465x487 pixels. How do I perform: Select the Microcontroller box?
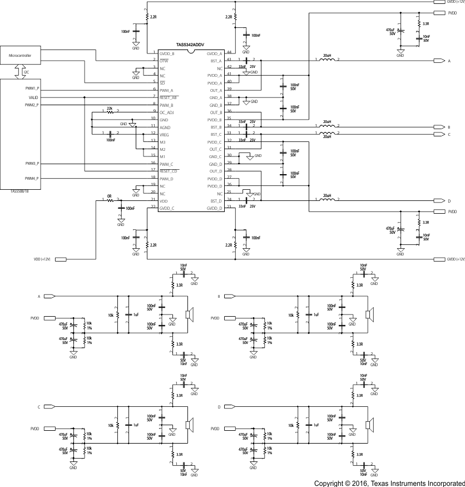[22, 56]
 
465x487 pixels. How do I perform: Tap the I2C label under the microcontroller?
[26, 72]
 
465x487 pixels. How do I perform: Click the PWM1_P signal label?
[31, 89]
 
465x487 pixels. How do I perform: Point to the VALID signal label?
[33, 97]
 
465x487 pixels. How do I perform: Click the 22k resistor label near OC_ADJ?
[110, 108]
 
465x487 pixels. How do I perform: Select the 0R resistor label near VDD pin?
[110, 196]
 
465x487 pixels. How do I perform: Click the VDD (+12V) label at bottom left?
[43, 259]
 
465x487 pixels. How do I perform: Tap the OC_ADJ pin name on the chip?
[167, 112]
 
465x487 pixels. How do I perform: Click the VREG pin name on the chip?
[165, 134]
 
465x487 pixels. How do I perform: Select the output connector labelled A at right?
[439, 61]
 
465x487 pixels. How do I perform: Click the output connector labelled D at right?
[439, 201]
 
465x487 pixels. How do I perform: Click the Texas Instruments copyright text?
[389, 483]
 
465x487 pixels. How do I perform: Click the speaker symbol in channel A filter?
[190, 314]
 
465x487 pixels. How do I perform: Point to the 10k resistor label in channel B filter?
[291, 315]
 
